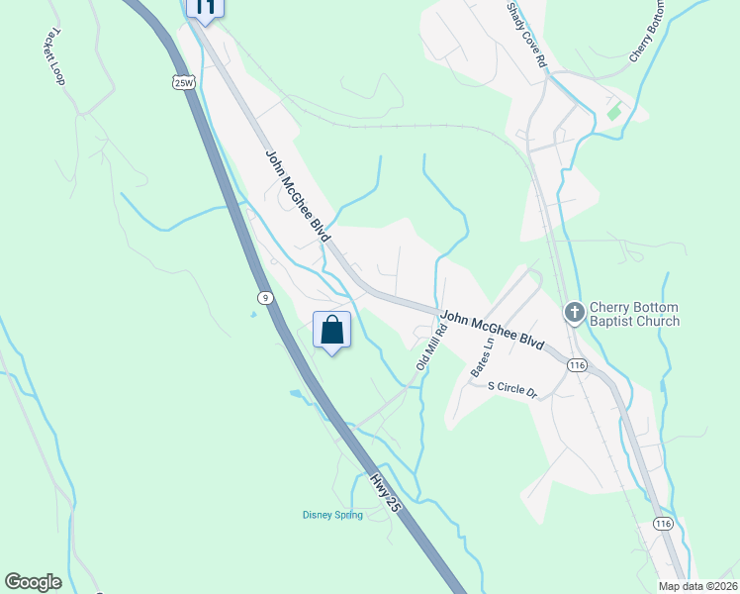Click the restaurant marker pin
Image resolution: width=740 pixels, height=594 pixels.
click(205, 8)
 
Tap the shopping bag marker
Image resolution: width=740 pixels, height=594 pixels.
click(332, 330)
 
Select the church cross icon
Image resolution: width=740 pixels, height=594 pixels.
click(574, 313)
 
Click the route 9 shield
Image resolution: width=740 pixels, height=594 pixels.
click(264, 296)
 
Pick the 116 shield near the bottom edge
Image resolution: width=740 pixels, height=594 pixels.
click(663, 523)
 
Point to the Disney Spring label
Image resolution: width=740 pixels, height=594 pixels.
click(332, 514)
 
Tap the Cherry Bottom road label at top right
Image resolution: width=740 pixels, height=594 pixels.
click(649, 32)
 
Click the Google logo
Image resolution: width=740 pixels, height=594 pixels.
click(33, 582)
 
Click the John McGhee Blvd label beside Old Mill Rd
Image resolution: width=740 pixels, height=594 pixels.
click(492, 330)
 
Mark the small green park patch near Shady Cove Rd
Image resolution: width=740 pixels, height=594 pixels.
click(614, 110)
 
